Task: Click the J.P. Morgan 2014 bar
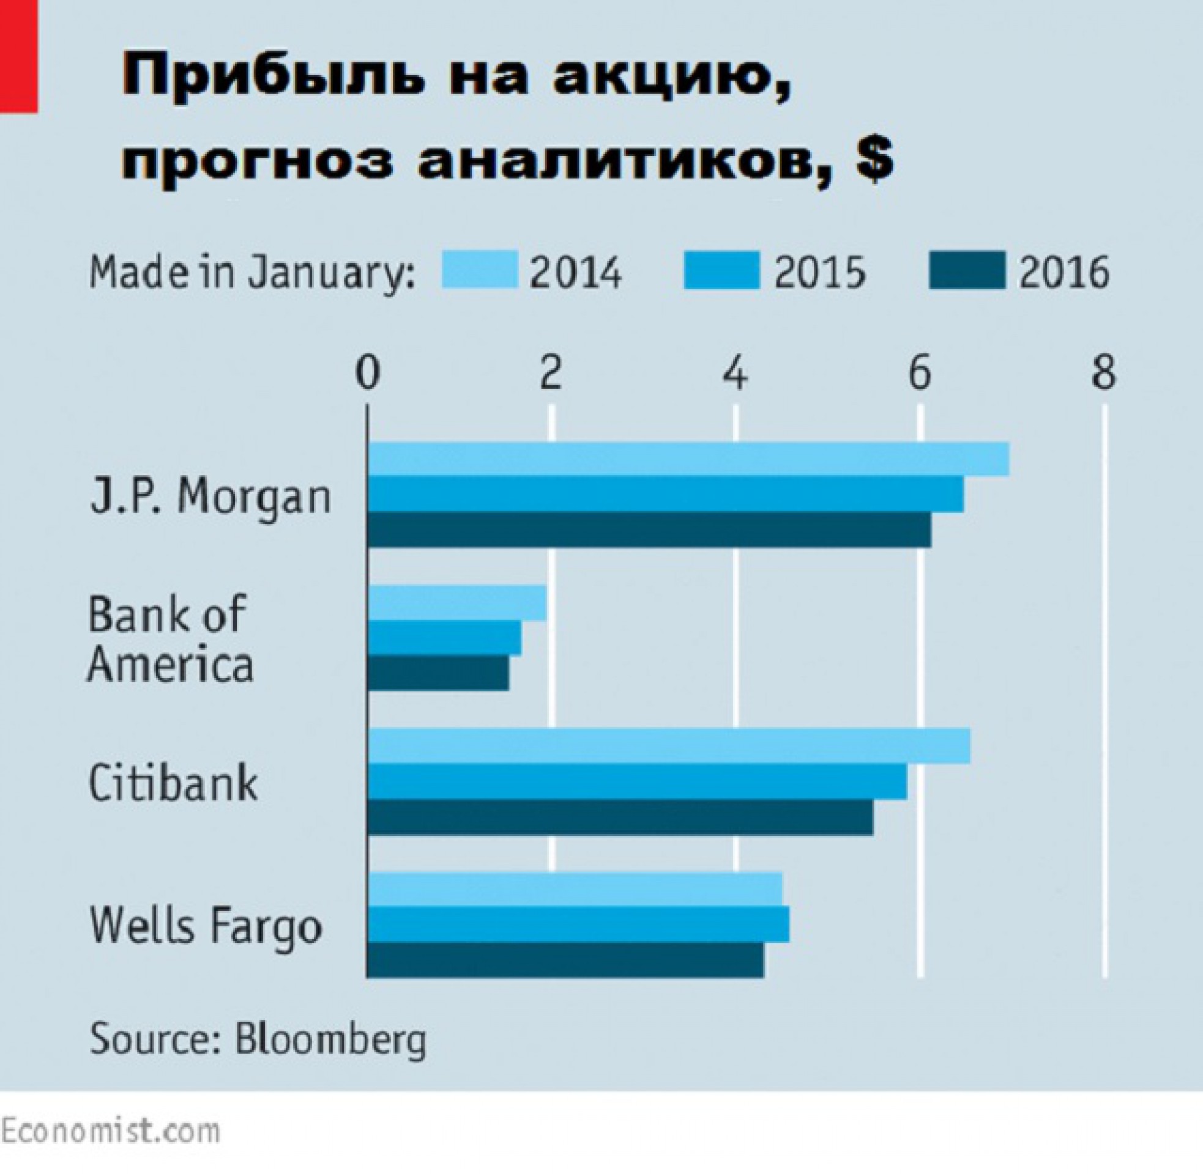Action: click(688, 459)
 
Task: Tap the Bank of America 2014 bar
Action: click(457, 602)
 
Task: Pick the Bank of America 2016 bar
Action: click(438, 673)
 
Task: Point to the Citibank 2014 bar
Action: click(669, 746)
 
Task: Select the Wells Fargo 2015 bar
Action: click(578, 925)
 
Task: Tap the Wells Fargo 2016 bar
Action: click(565, 959)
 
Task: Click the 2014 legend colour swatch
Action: click(479, 270)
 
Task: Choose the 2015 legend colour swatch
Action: click(722, 270)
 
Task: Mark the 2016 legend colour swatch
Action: click(967, 270)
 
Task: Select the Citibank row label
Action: click(173, 783)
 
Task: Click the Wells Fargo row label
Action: click(206, 926)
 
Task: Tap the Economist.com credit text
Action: click(110, 1131)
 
